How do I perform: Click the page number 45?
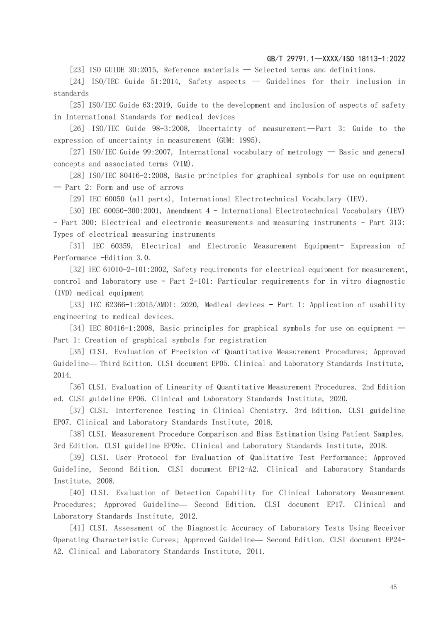tap(393, 587)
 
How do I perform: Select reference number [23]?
tap(77, 70)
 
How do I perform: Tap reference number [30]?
tap(77, 211)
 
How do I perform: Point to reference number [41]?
tap(77, 528)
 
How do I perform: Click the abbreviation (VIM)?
tap(183, 164)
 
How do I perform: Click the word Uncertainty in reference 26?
tap(219, 129)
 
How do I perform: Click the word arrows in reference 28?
tap(172, 187)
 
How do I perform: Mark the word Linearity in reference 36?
tap(184, 387)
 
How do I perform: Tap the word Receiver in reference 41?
tap(389, 528)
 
